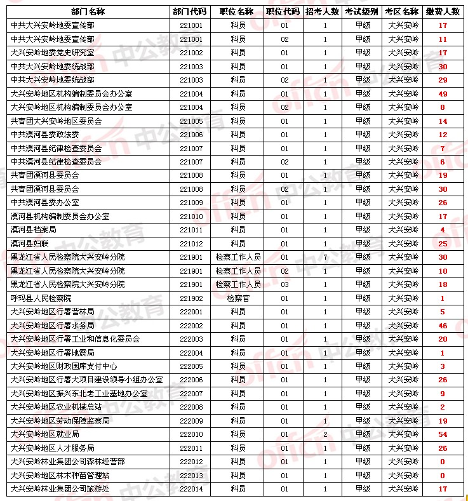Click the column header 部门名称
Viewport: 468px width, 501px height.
coord(88,11)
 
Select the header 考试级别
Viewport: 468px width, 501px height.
coord(362,11)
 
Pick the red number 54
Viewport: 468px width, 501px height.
coord(443,434)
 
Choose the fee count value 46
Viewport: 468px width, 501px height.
coord(443,326)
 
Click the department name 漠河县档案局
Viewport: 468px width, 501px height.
coord(34,230)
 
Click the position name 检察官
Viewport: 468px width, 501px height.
coord(238,298)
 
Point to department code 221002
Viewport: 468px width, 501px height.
coord(191,53)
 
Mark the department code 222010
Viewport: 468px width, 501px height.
coord(191,434)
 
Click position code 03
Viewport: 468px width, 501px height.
coord(284,284)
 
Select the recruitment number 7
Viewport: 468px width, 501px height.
coord(325,257)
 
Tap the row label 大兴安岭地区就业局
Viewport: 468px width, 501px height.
coord(45,434)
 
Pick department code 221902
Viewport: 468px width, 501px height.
coord(191,298)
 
